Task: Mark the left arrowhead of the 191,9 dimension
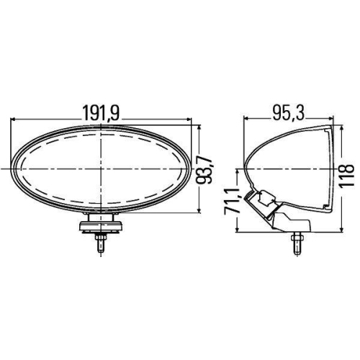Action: (x=15, y=120)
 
